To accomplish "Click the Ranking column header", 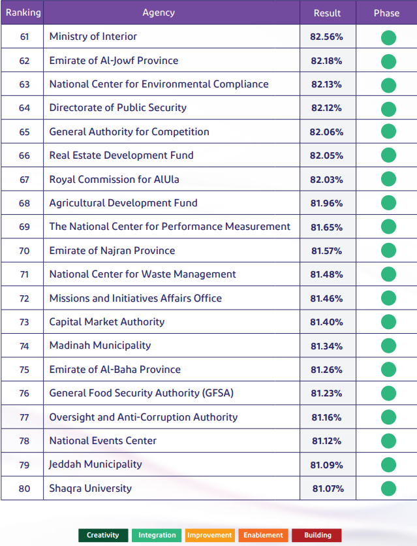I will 23,12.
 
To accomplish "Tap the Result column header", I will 327,13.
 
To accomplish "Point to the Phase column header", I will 386,13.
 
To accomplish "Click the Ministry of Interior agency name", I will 93,37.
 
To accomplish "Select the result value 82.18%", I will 326,61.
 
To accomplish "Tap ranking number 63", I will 24,84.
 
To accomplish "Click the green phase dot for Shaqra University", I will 388,489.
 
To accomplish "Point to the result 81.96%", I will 326,203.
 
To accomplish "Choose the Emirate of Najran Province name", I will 112,250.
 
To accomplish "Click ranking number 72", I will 24,298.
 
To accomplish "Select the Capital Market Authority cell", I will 107,321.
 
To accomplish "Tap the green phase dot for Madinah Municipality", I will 388,345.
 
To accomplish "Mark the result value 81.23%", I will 326,393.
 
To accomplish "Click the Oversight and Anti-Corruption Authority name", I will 144,417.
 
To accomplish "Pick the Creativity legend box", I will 103,535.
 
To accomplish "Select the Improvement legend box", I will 209,535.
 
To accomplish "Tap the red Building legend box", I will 317,535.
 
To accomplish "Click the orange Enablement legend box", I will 263,535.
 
